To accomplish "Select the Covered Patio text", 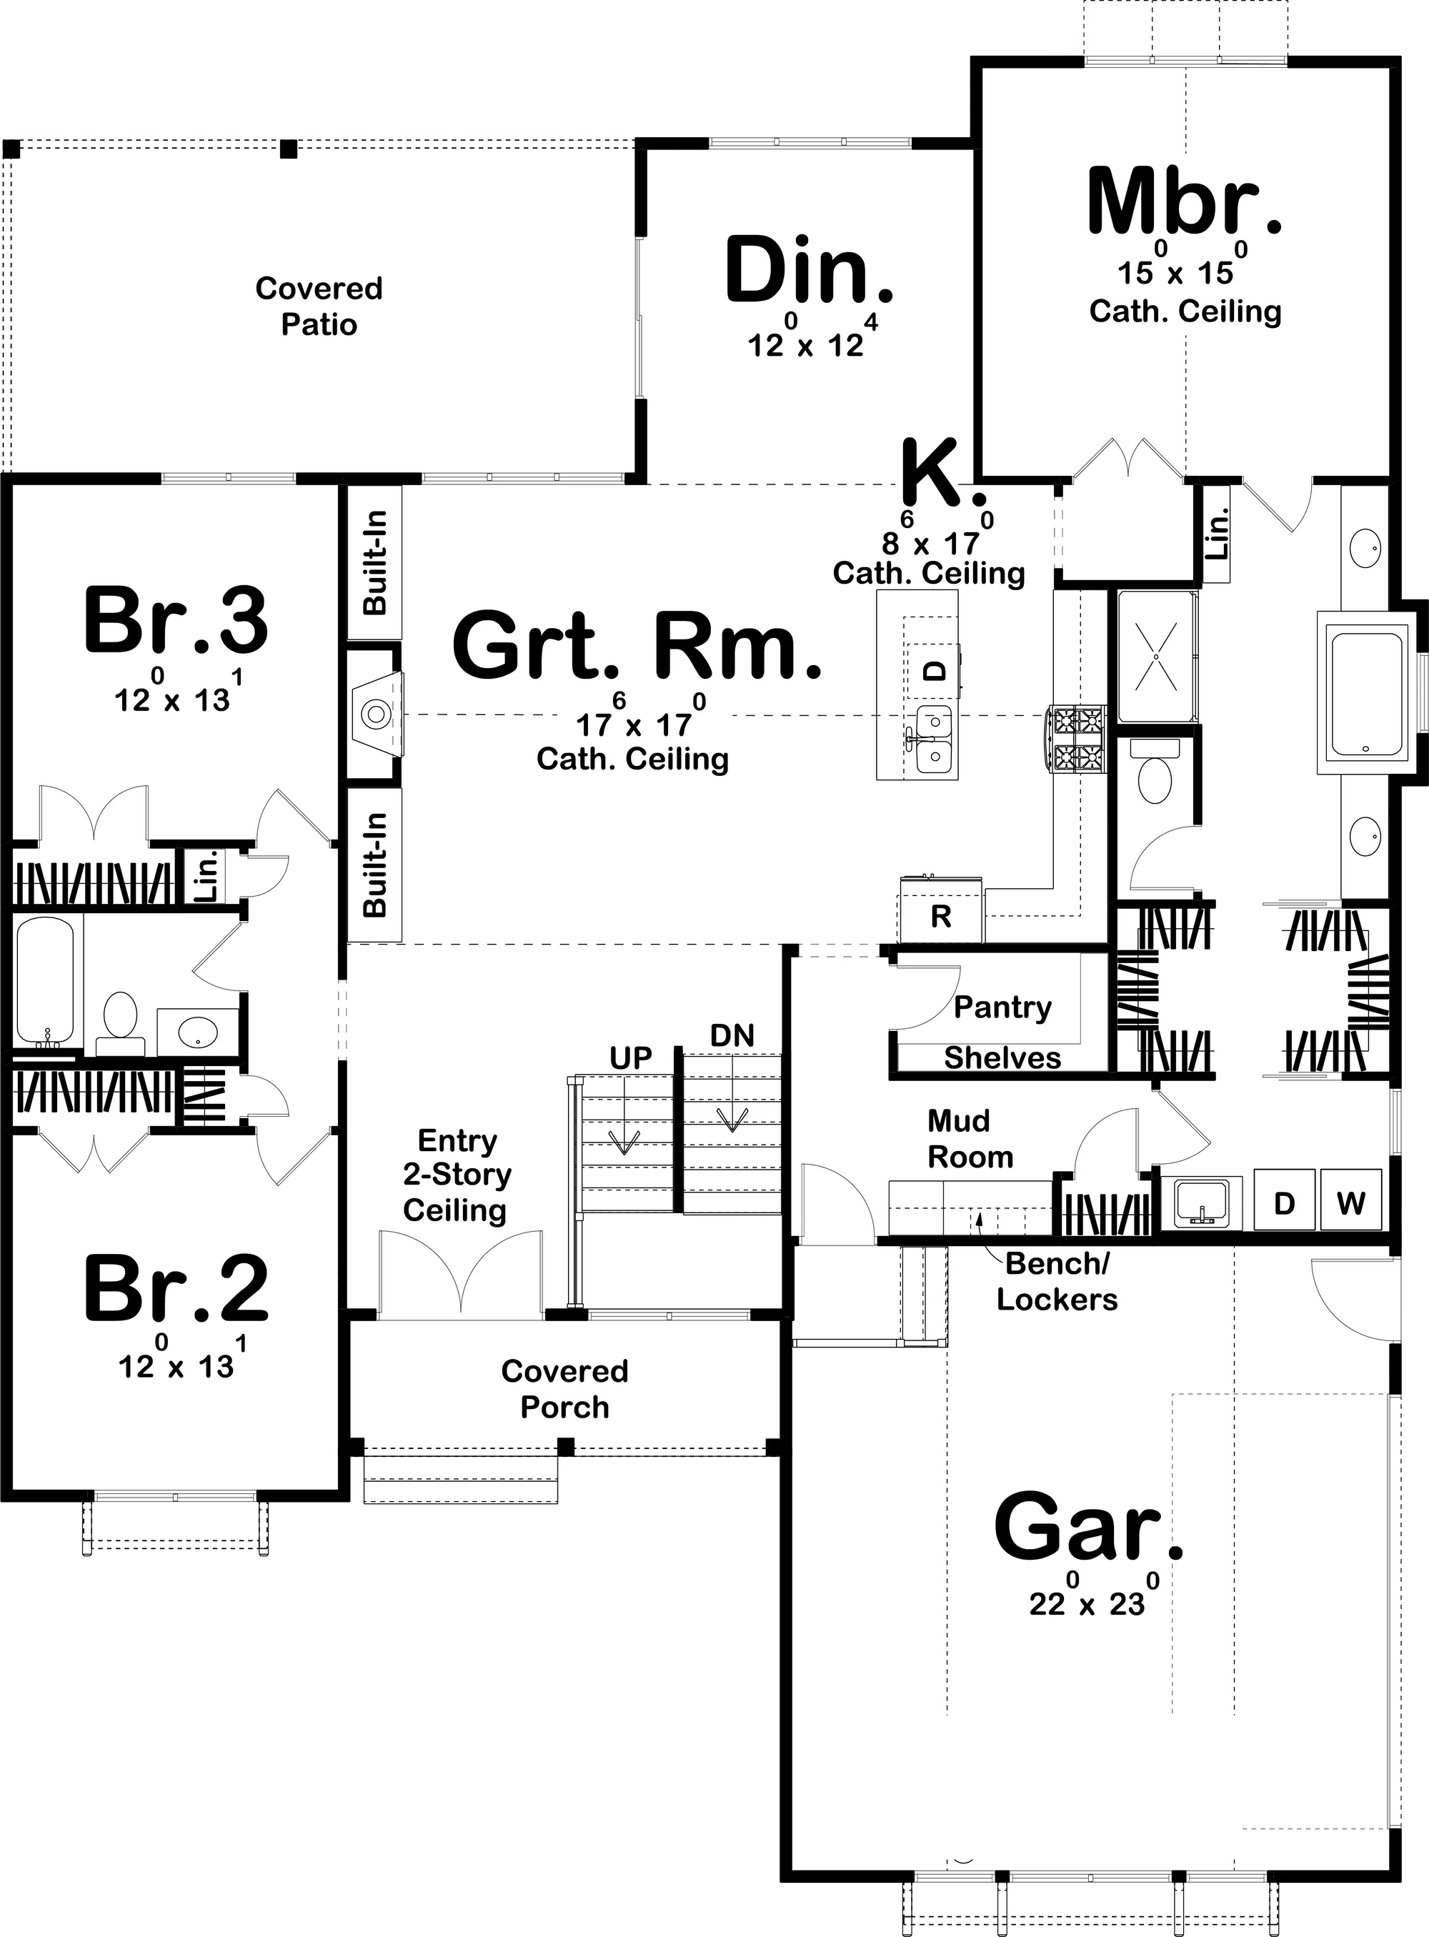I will [319, 307].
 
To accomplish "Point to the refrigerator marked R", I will [940, 916].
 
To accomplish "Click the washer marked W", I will [1350, 1202].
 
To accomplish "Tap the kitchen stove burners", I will [1077, 738].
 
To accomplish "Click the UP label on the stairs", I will [631, 1057].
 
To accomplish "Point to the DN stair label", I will [732, 1035].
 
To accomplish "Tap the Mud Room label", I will [969, 1138].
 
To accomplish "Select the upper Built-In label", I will [374, 562].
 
